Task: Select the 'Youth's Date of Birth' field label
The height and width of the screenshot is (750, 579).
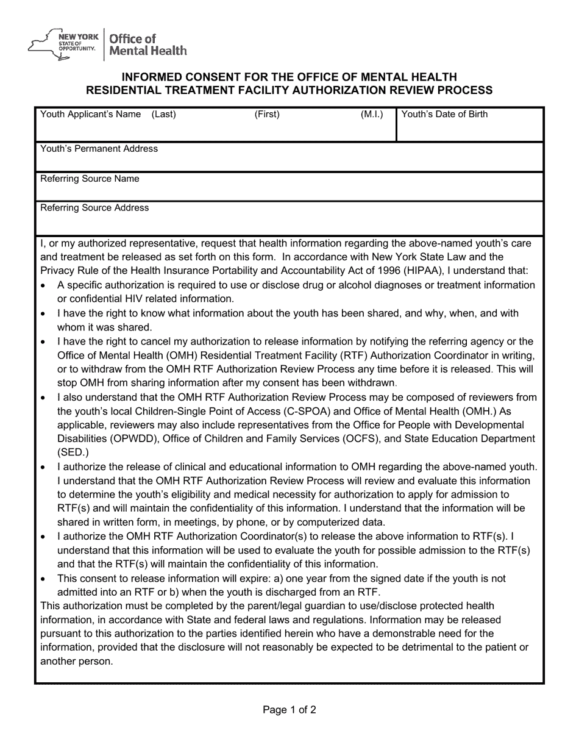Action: [x=444, y=114]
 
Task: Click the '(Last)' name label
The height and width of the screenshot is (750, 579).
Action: [x=163, y=115]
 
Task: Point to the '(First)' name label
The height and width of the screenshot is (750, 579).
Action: [x=267, y=115]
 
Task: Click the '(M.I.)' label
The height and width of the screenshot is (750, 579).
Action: [x=372, y=115]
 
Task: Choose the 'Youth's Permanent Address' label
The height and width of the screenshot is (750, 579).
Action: [x=99, y=149]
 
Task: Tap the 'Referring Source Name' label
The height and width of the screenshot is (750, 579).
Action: [x=90, y=179]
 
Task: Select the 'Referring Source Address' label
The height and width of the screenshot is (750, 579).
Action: [x=94, y=208]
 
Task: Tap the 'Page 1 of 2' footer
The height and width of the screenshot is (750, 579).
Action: [x=289, y=710]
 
